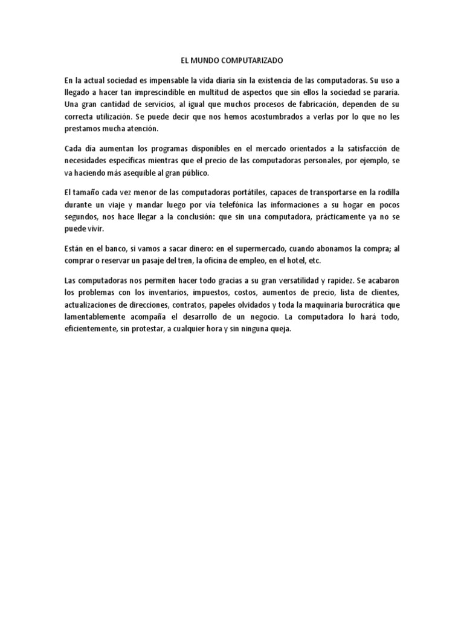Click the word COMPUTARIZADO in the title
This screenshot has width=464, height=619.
click(x=266, y=61)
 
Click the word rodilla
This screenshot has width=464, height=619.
click(x=383, y=192)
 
